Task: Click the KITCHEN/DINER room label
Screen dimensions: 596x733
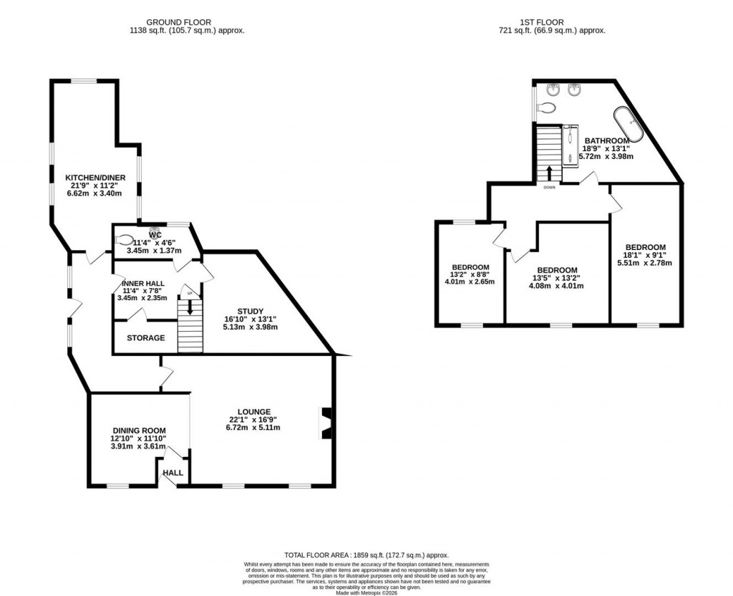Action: [x=95, y=178]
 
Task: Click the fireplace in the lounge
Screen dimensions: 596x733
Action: [x=326, y=422]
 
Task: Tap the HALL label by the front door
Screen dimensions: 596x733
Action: [x=173, y=473]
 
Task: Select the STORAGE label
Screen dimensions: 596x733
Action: [x=146, y=338]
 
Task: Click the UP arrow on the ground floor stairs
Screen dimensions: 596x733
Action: [x=190, y=307]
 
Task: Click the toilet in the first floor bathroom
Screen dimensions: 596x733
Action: [x=547, y=108]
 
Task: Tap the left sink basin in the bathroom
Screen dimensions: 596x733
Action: [x=553, y=90]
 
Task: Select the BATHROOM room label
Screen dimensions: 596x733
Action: [x=606, y=140]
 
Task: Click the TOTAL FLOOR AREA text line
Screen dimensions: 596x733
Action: [x=366, y=555]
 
